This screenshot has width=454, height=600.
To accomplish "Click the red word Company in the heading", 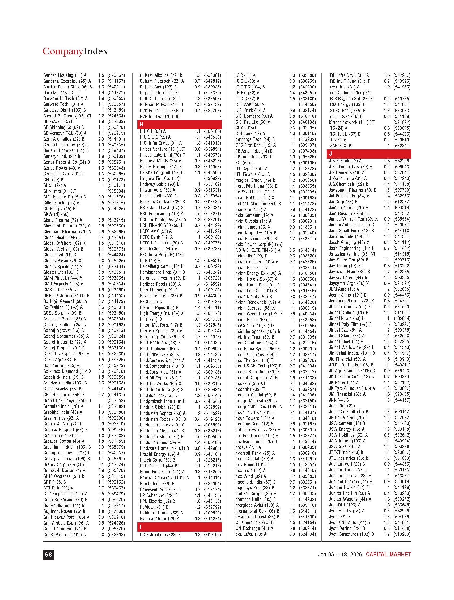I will click(63, 51).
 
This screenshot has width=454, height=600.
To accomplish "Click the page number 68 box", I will click(48, 555).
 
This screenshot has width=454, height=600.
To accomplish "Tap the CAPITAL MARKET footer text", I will click(388, 555).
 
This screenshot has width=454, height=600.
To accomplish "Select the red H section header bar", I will click(179, 125).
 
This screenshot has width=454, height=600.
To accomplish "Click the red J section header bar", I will click(368, 154).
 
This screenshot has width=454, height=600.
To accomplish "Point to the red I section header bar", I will click(179, 527).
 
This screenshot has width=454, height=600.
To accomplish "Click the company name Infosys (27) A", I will click(248, 447).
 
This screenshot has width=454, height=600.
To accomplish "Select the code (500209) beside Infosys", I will click(307, 447).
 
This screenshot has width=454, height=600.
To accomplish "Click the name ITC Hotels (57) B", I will click(345, 134).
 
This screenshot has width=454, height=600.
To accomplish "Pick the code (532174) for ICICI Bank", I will click(307, 110).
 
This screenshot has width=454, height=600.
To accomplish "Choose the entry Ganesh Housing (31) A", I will click(65, 75).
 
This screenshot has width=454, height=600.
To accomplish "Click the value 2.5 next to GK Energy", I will click(101, 209).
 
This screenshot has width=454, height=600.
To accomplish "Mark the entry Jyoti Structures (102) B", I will click(351, 534).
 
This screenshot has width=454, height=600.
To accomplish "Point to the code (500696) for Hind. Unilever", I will click(212, 349).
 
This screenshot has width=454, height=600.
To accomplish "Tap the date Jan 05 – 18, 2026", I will click(340, 555).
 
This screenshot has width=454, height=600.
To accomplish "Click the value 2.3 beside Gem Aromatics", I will click(101, 139).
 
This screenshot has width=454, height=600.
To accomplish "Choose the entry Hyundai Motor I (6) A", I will click(159, 519).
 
